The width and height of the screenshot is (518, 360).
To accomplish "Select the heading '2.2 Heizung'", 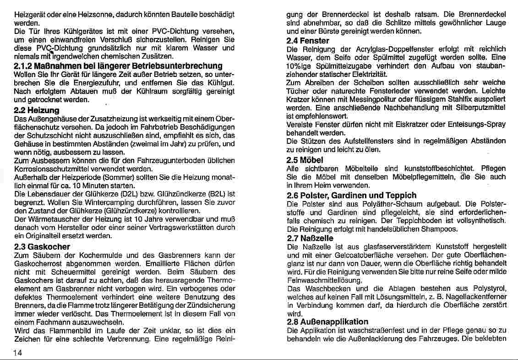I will (37, 110).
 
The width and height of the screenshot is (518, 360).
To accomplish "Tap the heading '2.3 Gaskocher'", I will (42, 246).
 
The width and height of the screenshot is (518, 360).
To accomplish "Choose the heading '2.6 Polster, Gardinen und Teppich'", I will (345, 195).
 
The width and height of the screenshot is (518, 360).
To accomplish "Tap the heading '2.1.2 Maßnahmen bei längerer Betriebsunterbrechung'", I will (118, 66).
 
